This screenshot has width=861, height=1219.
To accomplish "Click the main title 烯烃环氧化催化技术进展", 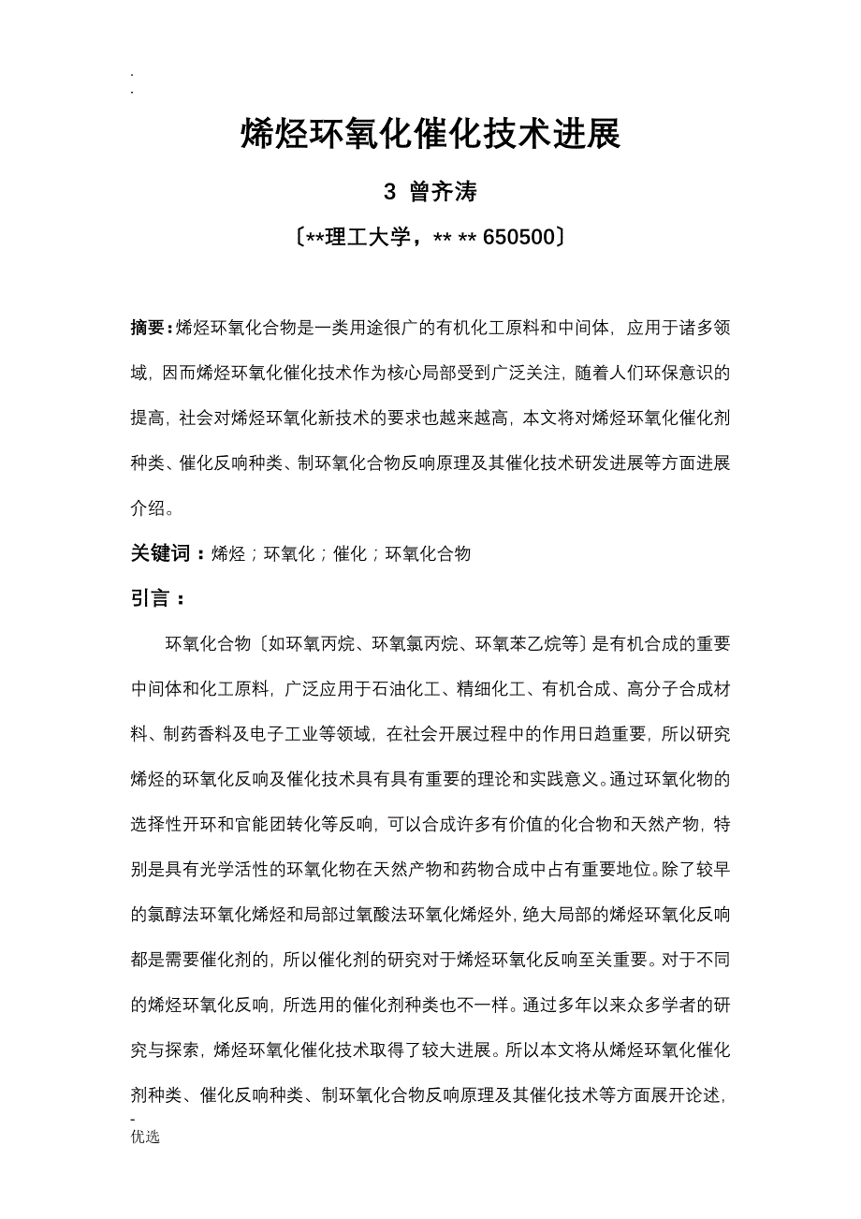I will click(x=430, y=135).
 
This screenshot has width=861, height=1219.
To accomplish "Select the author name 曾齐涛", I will click(x=444, y=192).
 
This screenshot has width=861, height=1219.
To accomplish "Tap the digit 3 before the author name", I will click(x=390, y=192).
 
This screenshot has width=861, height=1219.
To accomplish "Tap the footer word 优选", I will click(x=145, y=1137).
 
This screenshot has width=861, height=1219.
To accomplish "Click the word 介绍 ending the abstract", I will click(x=148, y=508).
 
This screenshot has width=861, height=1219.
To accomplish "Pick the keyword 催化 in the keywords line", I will click(x=350, y=553).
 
